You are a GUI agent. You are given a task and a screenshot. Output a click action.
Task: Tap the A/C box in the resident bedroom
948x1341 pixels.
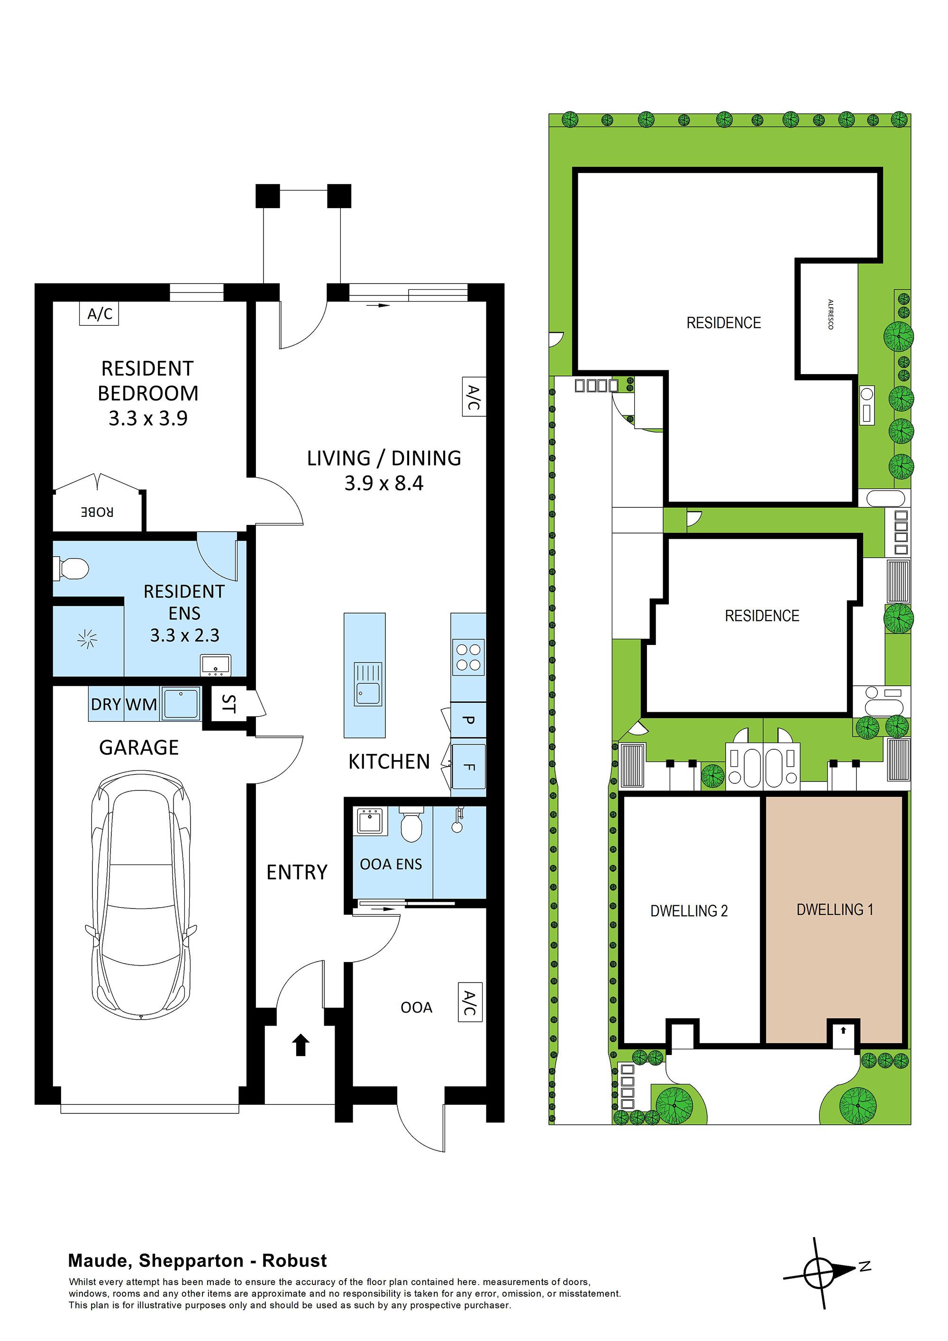click(x=99, y=314)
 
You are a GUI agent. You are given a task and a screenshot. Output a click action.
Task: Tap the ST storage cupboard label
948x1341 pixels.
click(x=228, y=704)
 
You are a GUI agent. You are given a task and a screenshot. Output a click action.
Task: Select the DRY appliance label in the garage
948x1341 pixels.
click(x=106, y=704)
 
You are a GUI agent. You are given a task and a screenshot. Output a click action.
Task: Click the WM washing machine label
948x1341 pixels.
click(x=141, y=704)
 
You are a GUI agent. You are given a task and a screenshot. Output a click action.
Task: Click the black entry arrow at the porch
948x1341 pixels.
click(x=300, y=1045)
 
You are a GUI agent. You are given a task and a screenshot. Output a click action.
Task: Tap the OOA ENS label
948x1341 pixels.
click(x=391, y=864)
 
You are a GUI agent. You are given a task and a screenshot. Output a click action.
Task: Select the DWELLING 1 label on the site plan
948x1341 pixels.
click(x=835, y=909)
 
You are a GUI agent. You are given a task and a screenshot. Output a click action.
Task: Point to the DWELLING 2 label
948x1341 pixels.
click(x=689, y=910)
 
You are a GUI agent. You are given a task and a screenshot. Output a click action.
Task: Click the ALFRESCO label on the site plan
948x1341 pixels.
click(x=830, y=314)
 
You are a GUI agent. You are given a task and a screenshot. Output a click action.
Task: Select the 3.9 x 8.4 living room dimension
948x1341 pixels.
click(x=383, y=483)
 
